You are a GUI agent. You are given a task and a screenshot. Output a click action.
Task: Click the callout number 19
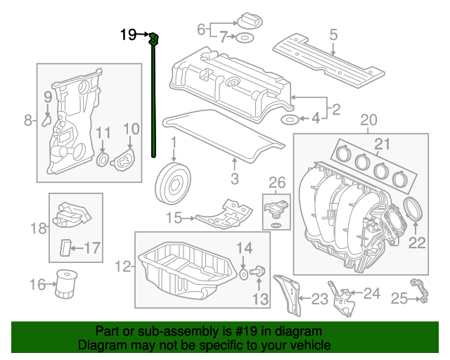[x=128, y=34]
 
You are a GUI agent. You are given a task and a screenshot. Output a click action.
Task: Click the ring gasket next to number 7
[x=245, y=37]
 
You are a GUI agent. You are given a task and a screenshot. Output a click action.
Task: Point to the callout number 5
[x=333, y=33]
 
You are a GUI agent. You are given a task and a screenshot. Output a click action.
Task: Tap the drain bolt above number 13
[x=257, y=271]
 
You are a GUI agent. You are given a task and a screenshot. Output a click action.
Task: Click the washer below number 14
[x=243, y=272]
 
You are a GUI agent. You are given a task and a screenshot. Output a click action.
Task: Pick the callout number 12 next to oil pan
[x=123, y=266]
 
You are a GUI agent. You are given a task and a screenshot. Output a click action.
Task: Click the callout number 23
[x=320, y=300]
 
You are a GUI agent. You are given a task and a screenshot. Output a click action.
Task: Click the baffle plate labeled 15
[x=225, y=214]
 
